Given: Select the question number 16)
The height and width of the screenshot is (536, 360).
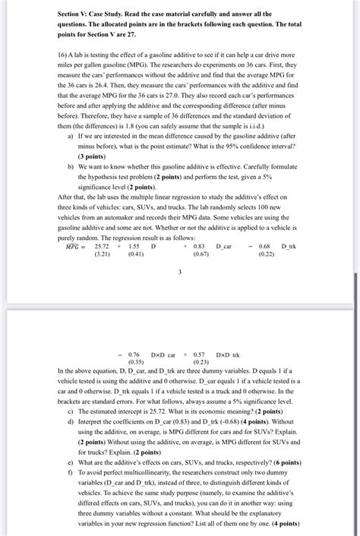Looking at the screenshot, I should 65,56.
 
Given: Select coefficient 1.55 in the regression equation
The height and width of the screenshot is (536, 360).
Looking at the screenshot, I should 134,246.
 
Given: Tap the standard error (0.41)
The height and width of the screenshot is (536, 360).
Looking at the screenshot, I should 136,254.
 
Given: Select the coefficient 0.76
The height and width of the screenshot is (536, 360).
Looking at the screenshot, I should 134,354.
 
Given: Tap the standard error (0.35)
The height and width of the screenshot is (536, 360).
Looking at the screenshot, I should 136,362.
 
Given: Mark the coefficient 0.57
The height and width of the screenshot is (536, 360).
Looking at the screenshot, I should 200,354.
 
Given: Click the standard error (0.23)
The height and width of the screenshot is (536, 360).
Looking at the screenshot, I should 201,362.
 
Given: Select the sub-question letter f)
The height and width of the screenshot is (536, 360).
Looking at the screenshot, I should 70,471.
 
